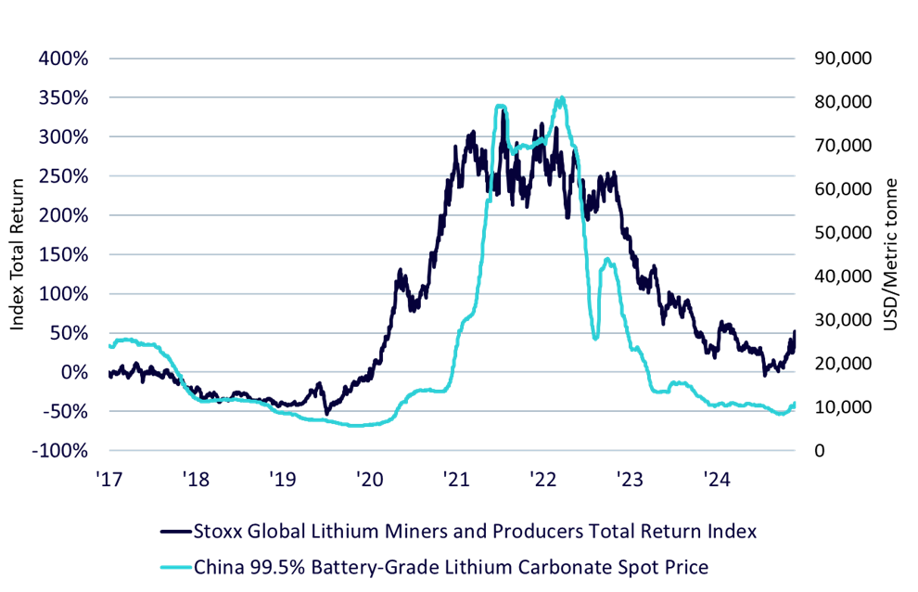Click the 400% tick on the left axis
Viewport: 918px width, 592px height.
click(x=63, y=58)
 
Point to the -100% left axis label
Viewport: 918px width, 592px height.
click(x=59, y=451)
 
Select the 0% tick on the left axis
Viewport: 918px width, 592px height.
click(x=74, y=372)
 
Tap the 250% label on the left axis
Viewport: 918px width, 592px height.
click(x=63, y=176)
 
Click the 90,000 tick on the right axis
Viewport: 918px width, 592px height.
click(x=843, y=58)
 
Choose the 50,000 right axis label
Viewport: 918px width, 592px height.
click(x=843, y=233)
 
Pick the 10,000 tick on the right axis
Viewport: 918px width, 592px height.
click(x=843, y=406)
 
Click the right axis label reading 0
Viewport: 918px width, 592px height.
click(x=820, y=451)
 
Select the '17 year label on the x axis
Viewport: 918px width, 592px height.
click(x=108, y=480)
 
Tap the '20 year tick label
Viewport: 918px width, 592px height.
click(x=369, y=480)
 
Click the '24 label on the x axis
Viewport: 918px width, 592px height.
click(x=717, y=480)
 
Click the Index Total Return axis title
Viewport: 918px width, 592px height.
click(x=17, y=254)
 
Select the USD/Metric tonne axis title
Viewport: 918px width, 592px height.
click(x=890, y=254)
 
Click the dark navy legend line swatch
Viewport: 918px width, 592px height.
click(x=176, y=532)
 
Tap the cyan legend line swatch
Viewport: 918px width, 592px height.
click(x=176, y=567)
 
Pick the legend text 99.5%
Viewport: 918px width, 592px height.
click(x=279, y=567)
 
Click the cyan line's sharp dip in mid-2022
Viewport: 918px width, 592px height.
click(x=595, y=338)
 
